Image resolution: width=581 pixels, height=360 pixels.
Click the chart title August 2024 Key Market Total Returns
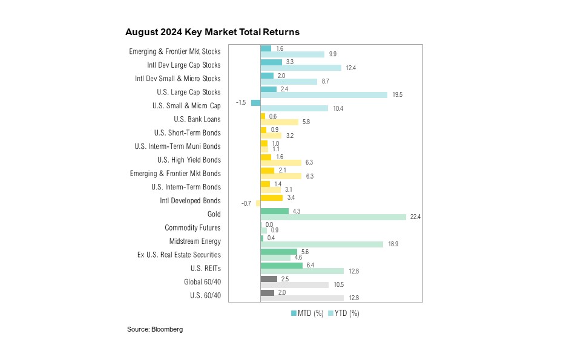point(212,31)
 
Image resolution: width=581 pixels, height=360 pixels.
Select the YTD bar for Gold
point(333,217)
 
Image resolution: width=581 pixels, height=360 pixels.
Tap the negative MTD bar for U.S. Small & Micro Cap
point(255,102)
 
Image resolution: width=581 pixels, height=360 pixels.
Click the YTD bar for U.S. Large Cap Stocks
point(324,95)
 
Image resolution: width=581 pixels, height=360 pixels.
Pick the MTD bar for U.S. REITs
point(281,265)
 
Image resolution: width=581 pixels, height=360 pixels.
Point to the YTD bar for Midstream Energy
point(322,244)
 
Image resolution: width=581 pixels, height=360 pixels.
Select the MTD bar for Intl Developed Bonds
point(271,197)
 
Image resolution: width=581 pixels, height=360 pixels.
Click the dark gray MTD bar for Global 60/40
point(269,279)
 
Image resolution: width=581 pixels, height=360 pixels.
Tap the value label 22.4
point(415,218)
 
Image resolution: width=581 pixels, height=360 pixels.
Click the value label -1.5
point(241,103)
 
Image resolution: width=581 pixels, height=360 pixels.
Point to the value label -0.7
point(246,204)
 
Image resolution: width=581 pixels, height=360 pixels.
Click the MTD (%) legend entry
point(307,313)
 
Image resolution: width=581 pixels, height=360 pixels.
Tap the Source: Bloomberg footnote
point(154,330)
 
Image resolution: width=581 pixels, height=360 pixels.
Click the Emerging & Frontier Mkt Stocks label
point(175,51)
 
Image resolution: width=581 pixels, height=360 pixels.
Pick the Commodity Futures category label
point(192,228)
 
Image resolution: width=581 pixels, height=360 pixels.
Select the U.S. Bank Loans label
point(197,119)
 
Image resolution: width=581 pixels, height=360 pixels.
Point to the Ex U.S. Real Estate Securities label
point(179,255)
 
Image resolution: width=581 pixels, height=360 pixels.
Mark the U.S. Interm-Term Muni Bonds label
point(177,146)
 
